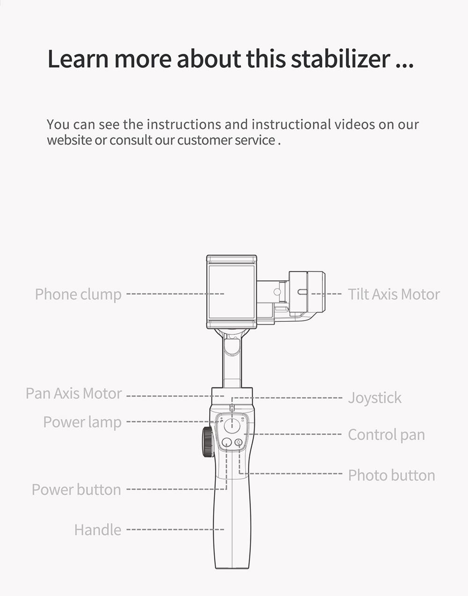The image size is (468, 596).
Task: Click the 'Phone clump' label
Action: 78,294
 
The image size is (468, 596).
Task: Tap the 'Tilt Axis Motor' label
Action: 394,294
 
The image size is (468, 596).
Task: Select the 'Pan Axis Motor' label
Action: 74,393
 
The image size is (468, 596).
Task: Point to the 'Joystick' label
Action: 374,398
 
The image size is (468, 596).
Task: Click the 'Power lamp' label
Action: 82,422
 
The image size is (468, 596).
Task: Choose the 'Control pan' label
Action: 386,435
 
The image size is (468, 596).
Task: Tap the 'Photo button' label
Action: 391,475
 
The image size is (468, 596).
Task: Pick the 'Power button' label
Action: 76,490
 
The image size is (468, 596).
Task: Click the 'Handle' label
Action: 97,530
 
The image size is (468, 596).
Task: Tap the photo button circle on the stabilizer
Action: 239,443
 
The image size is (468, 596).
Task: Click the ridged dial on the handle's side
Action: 207,442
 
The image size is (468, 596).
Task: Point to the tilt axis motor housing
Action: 307,292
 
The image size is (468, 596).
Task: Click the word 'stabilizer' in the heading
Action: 340,58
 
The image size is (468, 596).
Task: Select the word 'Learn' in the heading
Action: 78,58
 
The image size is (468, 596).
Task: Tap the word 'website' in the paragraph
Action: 69,140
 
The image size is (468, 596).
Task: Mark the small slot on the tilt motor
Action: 302,292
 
